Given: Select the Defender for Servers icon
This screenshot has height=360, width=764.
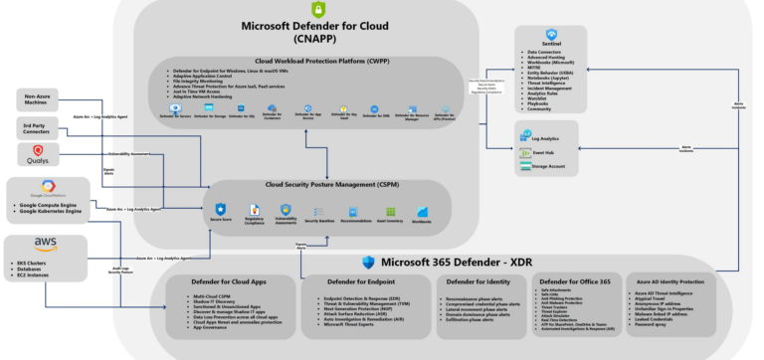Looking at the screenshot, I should [x=175, y=110].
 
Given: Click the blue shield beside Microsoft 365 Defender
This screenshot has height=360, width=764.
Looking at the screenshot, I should [x=369, y=262].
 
